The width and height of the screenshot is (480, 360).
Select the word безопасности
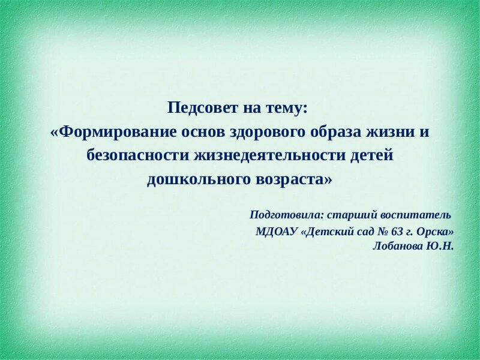138,155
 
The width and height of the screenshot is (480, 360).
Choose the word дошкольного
199,179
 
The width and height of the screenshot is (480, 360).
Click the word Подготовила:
287,215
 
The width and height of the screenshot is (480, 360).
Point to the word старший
352,215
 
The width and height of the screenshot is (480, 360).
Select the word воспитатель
416,215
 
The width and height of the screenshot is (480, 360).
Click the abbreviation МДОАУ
277,232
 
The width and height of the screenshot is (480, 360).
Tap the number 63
397,232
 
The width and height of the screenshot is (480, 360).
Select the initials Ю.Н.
439,246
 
